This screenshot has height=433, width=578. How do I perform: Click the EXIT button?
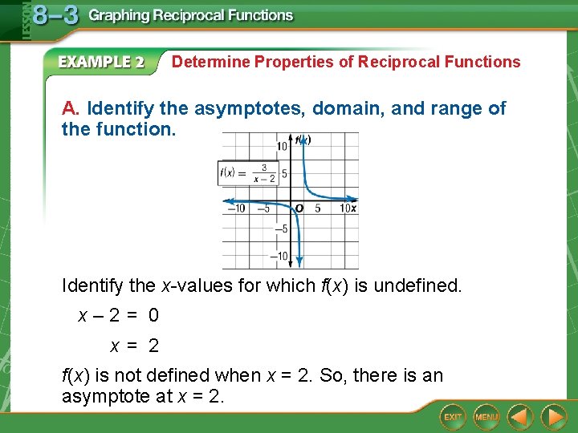pyautogui.click(x=454, y=417)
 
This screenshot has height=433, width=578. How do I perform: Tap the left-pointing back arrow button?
pyautogui.click(x=521, y=417)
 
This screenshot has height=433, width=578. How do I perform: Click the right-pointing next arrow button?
pyautogui.click(x=553, y=417)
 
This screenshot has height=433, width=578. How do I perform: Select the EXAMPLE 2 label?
pyautogui.click(x=101, y=63)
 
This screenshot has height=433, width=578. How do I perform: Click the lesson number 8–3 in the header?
pyautogui.click(x=55, y=16)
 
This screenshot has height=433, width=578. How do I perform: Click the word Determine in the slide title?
pyautogui.click(x=211, y=62)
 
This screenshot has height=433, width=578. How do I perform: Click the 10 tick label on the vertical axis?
pyautogui.click(x=282, y=146)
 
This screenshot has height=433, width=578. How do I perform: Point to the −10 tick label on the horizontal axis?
pyautogui.click(x=236, y=209)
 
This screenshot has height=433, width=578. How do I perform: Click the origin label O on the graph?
pyautogui.click(x=299, y=209)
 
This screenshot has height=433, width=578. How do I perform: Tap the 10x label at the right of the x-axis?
pyautogui.click(x=348, y=209)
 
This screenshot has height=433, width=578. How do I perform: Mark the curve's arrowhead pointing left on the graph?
pyautogui.click(x=228, y=200)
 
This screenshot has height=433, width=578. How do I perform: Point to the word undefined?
pyautogui.click(x=421, y=285)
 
